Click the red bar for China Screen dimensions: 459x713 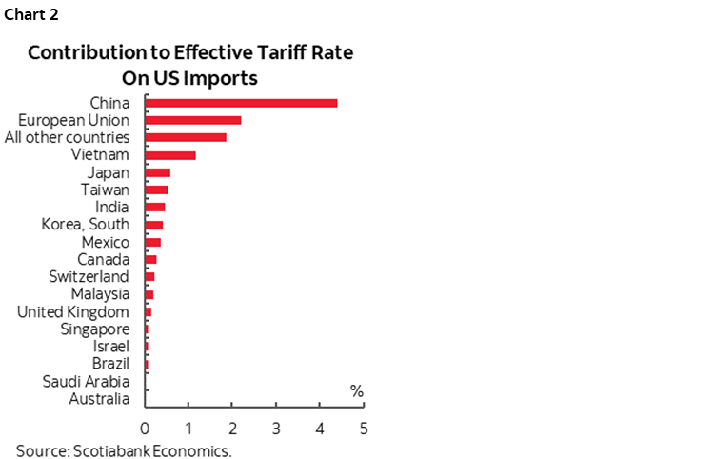pyautogui.click(x=241, y=103)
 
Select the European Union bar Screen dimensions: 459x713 pyautogui.click(x=193, y=120)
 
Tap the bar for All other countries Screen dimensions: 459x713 pyautogui.click(x=186, y=137)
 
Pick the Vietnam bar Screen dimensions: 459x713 pyautogui.click(x=170, y=154)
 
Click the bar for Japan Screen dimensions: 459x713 pyautogui.click(x=158, y=172)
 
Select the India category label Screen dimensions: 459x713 pyautogui.click(x=112, y=207)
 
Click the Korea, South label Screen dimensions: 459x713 pyautogui.click(x=86, y=225)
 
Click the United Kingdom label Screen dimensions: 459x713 pyautogui.click(x=73, y=311)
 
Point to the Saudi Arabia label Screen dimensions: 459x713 pyautogui.click(x=87, y=381)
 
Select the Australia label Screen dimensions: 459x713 pyautogui.click(x=99, y=399)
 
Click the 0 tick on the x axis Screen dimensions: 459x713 pyautogui.click(x=146, y=428)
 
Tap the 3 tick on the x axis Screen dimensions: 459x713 pyautogui.click(x=276, y=428)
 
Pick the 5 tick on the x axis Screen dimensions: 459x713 pyautogui.click(x=363, y=428)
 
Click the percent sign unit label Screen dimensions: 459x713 pyautogui.click(x=357, y=390)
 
